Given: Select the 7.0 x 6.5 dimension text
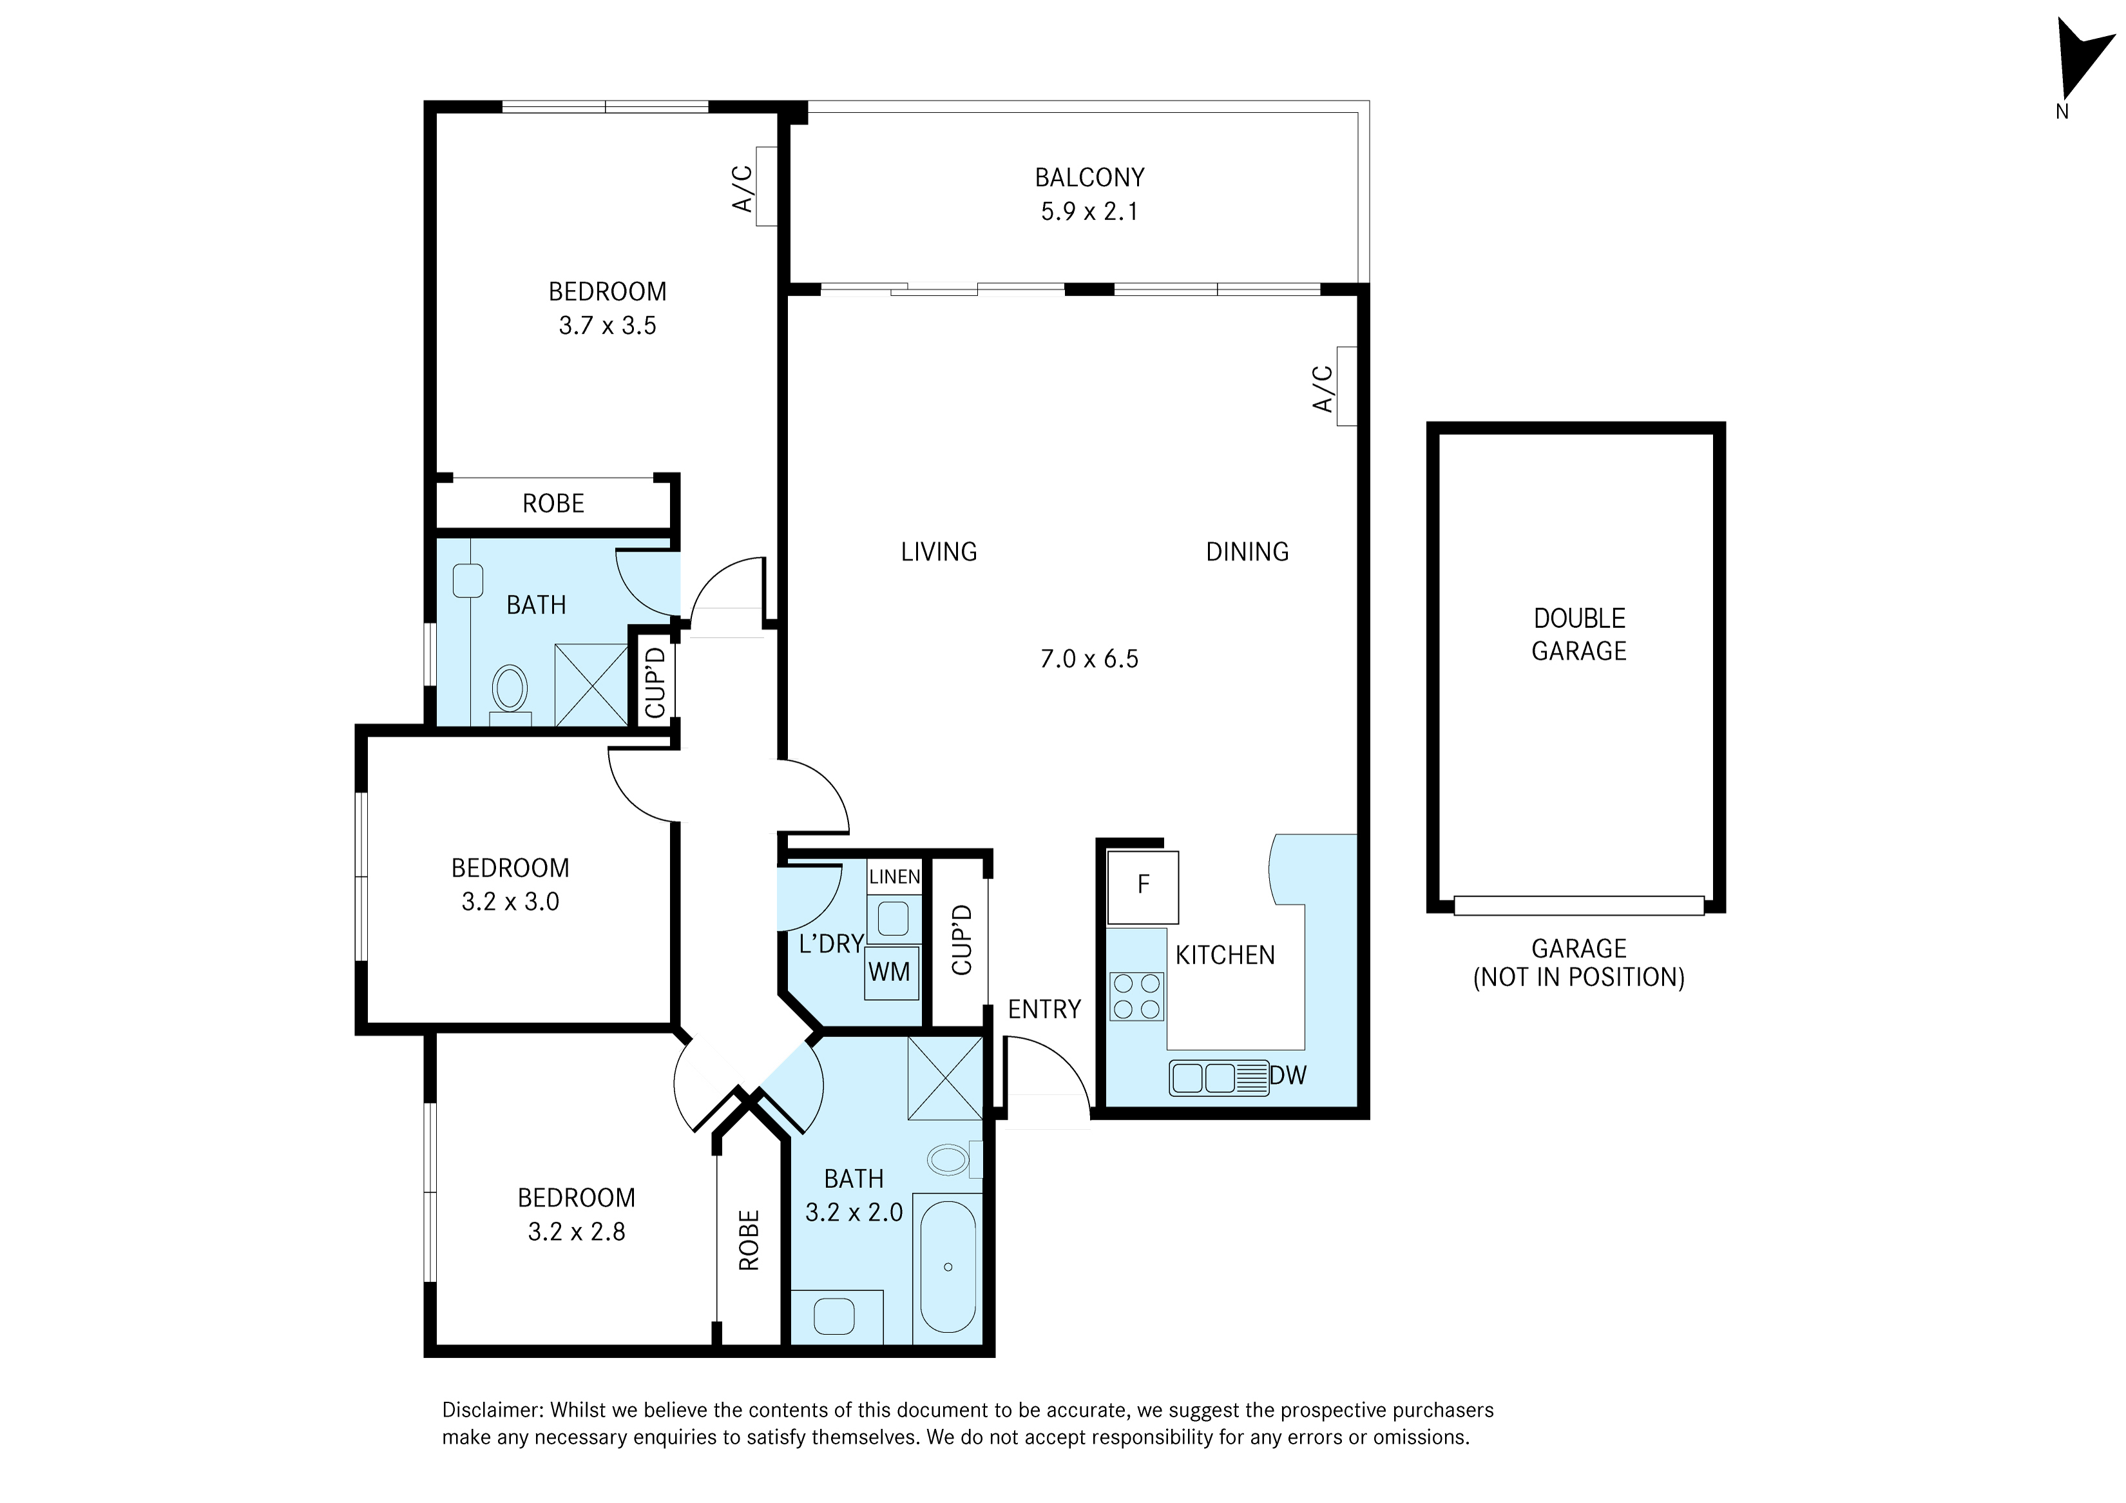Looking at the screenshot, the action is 1089,659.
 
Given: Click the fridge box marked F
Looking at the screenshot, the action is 1143,886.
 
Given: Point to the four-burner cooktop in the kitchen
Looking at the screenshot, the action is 1136,996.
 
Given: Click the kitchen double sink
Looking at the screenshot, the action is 1218,1078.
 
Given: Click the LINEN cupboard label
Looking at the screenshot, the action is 894,876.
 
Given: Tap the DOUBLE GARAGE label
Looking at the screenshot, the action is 1579,634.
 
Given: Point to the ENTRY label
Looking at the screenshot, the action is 1044,1009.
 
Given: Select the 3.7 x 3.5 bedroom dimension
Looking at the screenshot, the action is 608,325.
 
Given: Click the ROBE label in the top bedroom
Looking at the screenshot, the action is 553,504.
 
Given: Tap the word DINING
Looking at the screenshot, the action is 1247,552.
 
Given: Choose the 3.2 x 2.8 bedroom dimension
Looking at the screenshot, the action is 577,1232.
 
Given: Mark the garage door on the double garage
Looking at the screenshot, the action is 1579,905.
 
